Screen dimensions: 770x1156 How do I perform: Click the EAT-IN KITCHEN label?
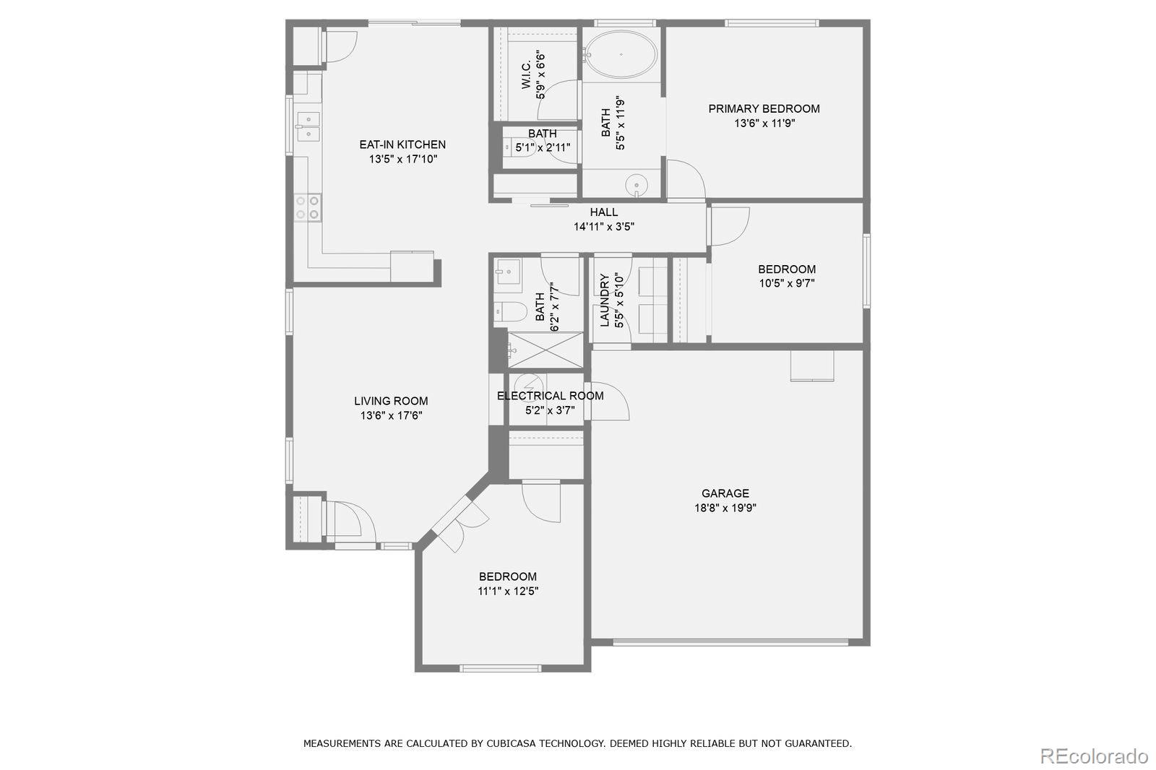pos(402,144)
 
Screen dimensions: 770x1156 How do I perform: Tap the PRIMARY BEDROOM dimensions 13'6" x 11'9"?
pos(764,124)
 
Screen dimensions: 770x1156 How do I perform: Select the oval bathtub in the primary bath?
pos(621,54)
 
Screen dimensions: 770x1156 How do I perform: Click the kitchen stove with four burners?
pos(307,207)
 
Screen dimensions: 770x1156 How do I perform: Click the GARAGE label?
pos(725,493)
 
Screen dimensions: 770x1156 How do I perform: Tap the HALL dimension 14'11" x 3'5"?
pos(604,226)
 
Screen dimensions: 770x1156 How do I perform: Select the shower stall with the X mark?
pos(545,350)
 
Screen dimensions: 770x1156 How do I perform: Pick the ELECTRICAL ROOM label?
pos(550,396)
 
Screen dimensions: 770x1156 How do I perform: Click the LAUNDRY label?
pos(605,300)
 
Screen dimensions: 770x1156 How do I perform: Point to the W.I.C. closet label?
pos(527,75)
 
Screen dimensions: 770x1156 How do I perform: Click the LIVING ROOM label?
pos(391,401)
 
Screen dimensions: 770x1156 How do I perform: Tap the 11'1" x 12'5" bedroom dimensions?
pos(507,591)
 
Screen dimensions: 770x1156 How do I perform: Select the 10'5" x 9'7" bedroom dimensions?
pos(786,284)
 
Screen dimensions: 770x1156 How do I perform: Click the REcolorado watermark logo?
pos(1093,756)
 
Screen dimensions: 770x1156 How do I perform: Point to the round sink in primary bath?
pos(637,185)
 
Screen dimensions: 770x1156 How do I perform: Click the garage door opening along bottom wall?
pos(730,641)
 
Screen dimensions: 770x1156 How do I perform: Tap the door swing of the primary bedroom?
pos(684,178)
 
